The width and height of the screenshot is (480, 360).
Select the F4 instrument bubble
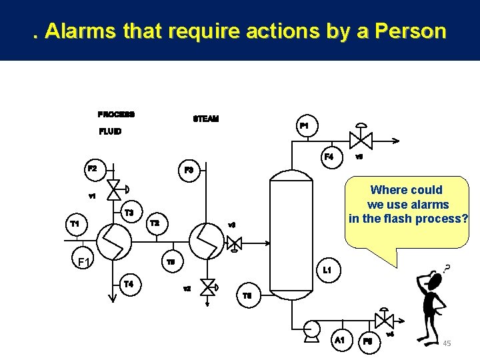(x=328, y=158)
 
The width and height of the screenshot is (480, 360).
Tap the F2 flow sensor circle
(x=92, y=169)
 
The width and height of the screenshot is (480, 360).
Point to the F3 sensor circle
(x=189, y=171)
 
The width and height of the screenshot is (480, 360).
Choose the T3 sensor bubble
(x=129, y=213)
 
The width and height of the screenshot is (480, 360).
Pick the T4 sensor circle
(x=129, y=285)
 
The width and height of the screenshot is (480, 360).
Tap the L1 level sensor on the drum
(x=327, y=271)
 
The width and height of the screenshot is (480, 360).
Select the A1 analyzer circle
(x=339, y=340)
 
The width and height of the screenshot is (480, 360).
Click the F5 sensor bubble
(x=367, y=341)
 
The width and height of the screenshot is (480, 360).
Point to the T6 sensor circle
(x=247, y=296)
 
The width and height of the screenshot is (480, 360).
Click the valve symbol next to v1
(x=114, y=189)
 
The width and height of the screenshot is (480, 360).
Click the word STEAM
(x=205, y=119)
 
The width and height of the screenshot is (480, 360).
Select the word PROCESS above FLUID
(x=116, y=114)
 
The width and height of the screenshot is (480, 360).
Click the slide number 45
(x=447, y=343)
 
